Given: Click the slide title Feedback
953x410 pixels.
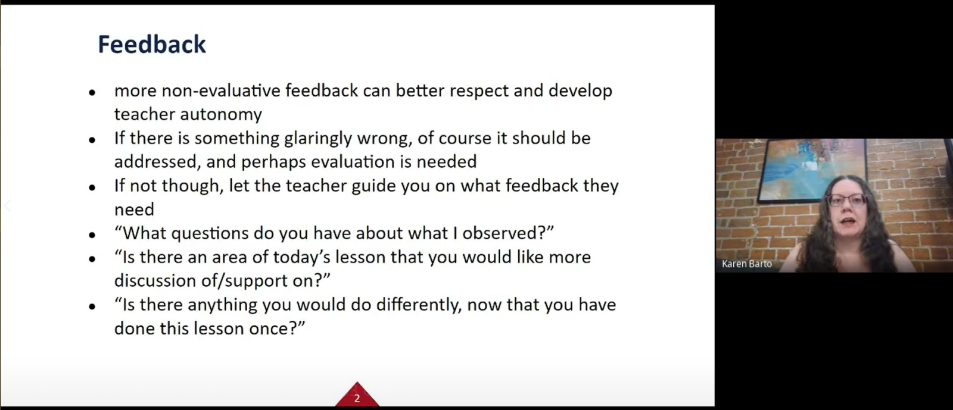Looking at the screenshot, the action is [152, 44].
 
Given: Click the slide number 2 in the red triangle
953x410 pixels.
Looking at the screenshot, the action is [357, 398].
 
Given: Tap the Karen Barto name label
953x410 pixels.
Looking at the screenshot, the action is [747, 264].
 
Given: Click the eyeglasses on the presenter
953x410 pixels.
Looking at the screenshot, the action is [847, 200].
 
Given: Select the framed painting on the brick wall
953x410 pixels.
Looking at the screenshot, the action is [811, 170].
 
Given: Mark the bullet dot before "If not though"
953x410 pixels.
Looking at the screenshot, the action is [92, 187].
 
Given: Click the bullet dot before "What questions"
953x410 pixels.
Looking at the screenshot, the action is [92, 234].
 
